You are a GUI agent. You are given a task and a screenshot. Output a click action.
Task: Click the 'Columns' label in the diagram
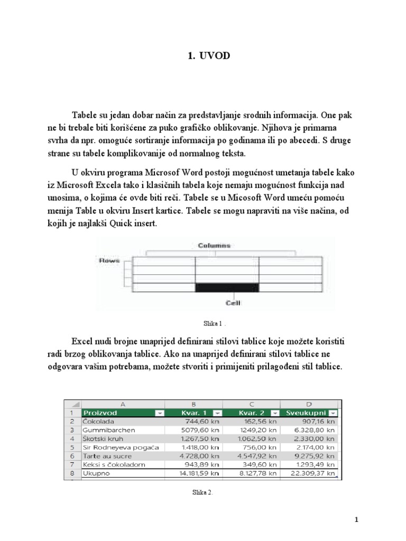tap(215, 246)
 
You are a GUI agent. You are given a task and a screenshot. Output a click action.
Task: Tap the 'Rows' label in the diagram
tap(109, 260)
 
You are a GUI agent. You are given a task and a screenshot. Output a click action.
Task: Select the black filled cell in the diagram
tap(227, 287)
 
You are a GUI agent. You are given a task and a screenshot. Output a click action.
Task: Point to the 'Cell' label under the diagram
tap(233, 303)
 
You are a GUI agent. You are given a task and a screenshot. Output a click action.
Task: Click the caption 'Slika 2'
tap(202, 492)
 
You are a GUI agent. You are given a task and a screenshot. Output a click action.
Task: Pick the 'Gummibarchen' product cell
tap(109, 430)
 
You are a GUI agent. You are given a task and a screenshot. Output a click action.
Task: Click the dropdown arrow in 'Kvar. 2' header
tap(274, 413)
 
